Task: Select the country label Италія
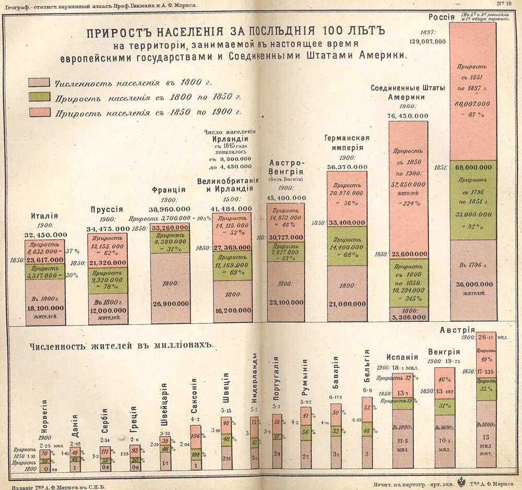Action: pyautogui.click(x=45, y=215)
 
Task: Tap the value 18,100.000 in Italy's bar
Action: pyautogui.click(x=45, y=309)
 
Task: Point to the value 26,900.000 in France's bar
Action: pyautogui.click(x=170, y=303)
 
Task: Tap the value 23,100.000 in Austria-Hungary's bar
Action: pyautogui.click(x=286, y=302)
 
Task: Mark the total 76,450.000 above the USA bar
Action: pyautogui.click(x=408, y=116)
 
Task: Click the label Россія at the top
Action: pyautogui.click(x=441, y=17)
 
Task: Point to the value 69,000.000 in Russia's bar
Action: pyautogui.click(x=473, y=167)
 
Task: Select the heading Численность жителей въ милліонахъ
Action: pyautogui.click(x=122, y=346)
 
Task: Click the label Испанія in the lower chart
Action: pyautogui.click(x=402, y=357)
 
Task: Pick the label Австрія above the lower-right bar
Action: pyautogui.click(x=457, y=330)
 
